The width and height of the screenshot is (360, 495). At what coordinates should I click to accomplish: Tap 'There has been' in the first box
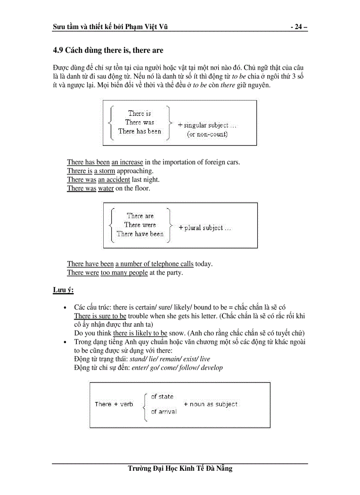(139, 131)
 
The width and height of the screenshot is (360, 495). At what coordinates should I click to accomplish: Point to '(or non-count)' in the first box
(207, 134)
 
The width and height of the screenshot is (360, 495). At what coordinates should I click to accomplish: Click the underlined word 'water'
(106, 189)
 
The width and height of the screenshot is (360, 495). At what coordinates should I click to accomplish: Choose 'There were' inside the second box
(140, 225)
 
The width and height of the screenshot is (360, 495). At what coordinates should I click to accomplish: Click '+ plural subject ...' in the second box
(205, 228)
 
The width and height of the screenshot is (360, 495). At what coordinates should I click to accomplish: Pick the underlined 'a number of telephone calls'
(154, 264)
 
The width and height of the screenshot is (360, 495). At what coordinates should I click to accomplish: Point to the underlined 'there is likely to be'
(140, 333)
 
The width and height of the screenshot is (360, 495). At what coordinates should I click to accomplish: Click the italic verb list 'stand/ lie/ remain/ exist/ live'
(170, 359)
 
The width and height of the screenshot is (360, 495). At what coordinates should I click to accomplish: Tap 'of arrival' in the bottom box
(163, 412)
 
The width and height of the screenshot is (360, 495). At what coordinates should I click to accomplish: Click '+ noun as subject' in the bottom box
(210, 404)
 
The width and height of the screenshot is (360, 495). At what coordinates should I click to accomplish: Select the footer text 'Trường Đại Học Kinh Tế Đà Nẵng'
(180, 469)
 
